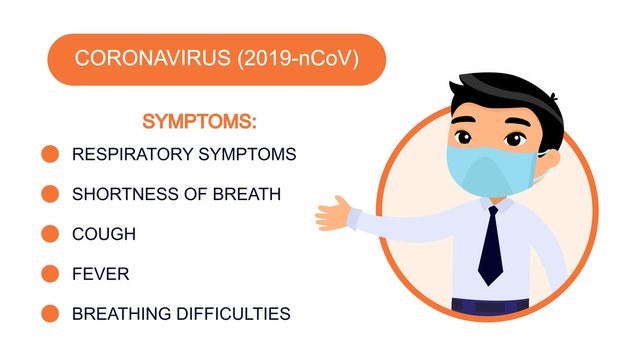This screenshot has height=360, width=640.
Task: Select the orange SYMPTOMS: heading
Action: [x=199, y=122]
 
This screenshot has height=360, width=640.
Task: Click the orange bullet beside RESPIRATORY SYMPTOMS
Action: [x=50, y=155]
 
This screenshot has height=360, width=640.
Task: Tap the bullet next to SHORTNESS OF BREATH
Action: [x=50, y=194]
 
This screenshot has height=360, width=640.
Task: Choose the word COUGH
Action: [x=104, y=234]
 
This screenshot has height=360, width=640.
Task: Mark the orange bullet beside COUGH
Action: [x=50, y=234]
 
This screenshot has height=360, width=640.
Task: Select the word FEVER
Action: [x=101, y=273]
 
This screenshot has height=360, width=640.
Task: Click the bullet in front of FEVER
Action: [x=50, y=273]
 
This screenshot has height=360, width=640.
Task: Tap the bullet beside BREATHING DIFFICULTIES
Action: [x=50, y=313]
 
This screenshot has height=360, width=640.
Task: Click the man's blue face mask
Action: [x=489, y=171]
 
